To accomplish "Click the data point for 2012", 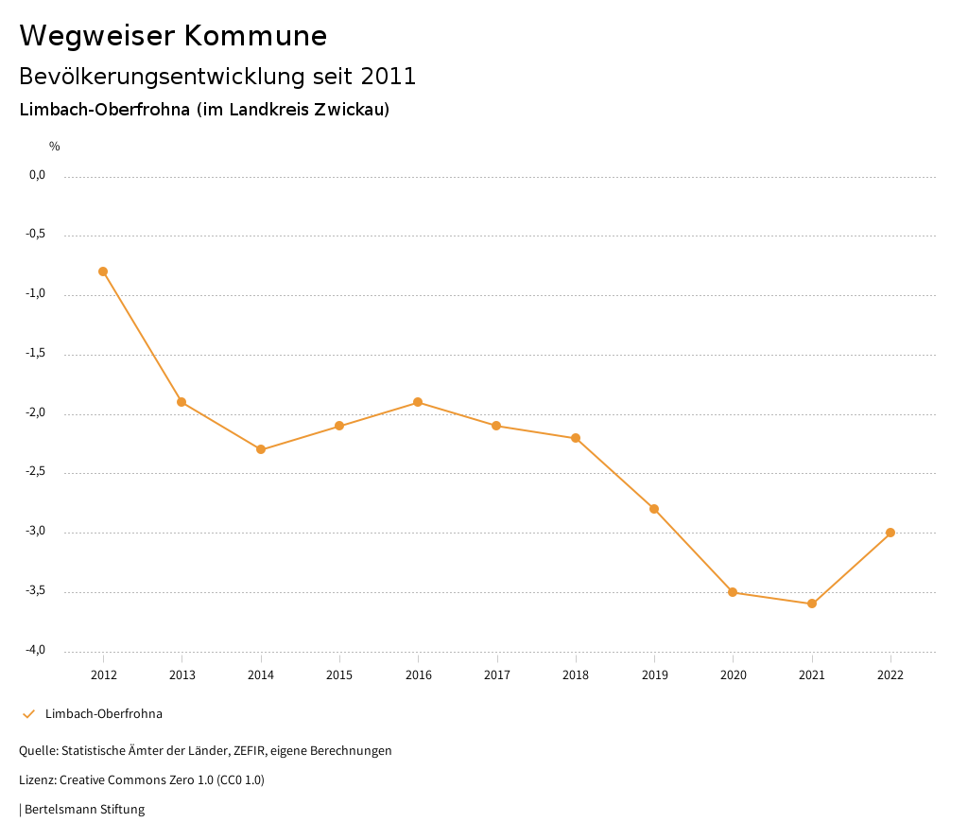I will [103, 271].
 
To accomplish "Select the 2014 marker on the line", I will [261, 449].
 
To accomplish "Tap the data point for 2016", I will [418, 402].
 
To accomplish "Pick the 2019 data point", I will [654, 509].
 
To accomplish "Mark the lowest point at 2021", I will [812, 604].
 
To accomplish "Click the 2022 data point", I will [890, 533].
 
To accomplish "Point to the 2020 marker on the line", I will [733, 592].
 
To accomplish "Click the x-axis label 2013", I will [181, 674].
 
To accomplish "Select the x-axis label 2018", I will [576, 674].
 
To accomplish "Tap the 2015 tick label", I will [339, 674].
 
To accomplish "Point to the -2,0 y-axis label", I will [36, 413].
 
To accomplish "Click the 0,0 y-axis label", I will [37, 175].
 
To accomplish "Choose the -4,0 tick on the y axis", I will [36, 650].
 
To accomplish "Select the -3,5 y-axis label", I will [36, 591].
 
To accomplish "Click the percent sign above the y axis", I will [55, 146].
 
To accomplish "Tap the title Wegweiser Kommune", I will [173, 35].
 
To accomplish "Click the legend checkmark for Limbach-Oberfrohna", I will [28, 714].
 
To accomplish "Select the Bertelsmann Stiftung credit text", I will [84, 810].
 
